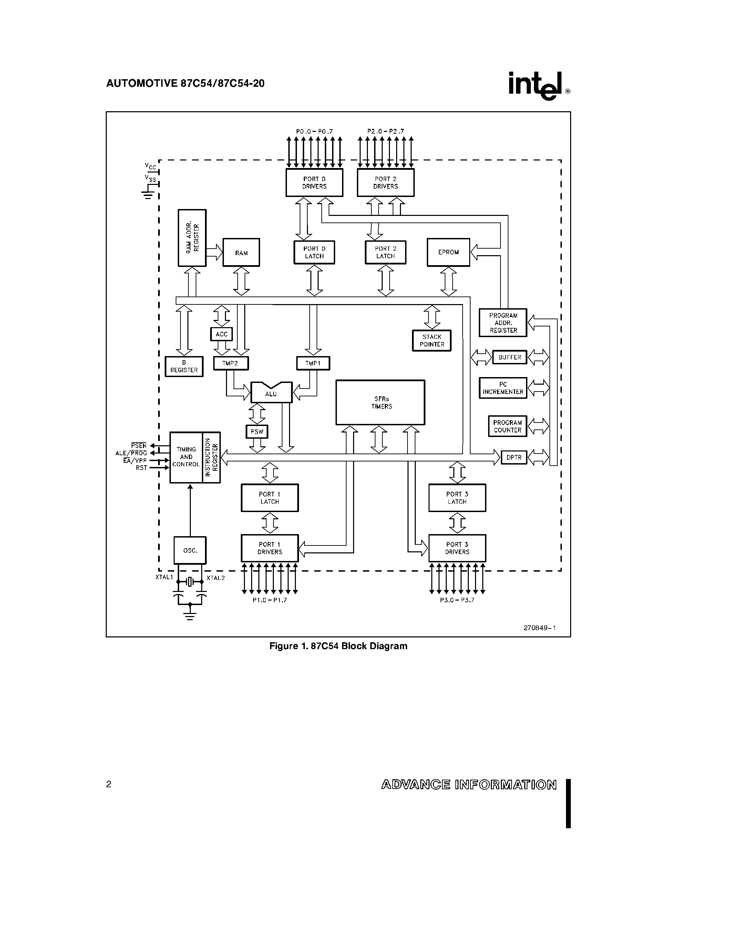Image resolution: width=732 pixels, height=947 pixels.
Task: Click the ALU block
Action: (x=271, y=393)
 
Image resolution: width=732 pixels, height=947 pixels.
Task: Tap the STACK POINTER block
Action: (x=432, y=340)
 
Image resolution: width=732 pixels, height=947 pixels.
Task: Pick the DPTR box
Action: (x=514, y=457)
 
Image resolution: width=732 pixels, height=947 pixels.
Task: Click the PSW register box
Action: (x=257, y=431)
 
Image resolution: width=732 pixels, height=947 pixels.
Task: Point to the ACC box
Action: (x=221, y=334)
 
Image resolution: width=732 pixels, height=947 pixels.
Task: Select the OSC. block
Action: (x=190, y=550)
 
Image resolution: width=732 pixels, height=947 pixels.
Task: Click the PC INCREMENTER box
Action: (x=503, y=388)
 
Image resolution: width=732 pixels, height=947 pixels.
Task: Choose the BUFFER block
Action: (x=509, y=357)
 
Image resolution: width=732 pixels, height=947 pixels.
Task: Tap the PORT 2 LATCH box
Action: (x=385, y=252)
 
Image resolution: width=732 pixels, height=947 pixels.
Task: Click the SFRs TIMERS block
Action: (x=380, y=402)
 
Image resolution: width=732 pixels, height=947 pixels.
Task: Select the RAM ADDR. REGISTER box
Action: (x=192, y=238)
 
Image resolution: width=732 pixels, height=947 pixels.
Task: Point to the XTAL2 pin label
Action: (x=216, y=577)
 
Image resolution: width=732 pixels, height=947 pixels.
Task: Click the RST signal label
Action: (x=141, y=468)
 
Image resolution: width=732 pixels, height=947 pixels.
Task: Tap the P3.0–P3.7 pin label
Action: (x=457, y=600)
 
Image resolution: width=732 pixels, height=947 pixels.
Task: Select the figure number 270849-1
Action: (x=539, y=627)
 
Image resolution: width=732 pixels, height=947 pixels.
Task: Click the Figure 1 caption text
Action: (x=338, y=646)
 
